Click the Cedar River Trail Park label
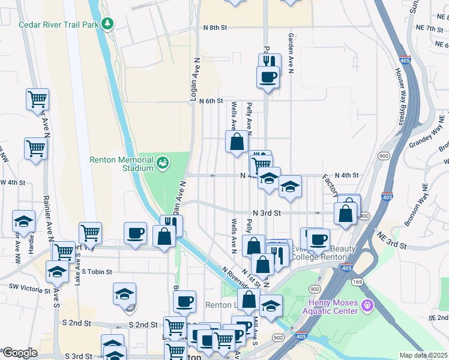coord(58,25)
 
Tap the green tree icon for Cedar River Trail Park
coord(107,24)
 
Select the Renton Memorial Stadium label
coord(122,164)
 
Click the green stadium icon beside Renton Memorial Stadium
coord(163,162)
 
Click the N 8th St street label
coord(215,28)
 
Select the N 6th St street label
coord(211,101)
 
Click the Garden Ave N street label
coord(291,53)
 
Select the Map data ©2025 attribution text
coord(423,355)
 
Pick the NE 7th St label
coord(432,28)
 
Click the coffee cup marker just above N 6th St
coord(268,77)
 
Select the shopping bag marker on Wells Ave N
coord(237,143)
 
